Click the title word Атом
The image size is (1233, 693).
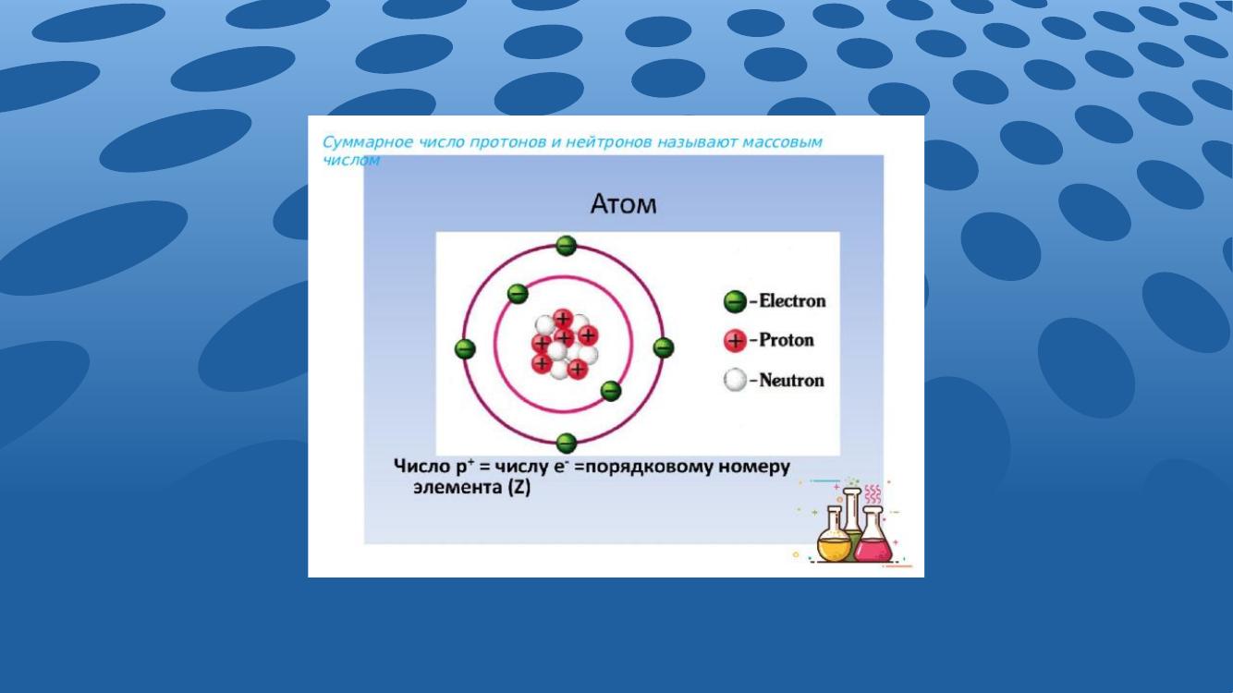click(623, 203)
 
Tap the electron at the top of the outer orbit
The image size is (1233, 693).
click(566, 246)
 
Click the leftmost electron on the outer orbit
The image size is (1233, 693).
click(465, 349)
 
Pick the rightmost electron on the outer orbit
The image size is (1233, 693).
click(664, 347)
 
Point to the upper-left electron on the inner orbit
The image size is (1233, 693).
click(518, 294)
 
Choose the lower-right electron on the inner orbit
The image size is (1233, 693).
click(610, 392)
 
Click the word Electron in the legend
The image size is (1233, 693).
click(793, 301)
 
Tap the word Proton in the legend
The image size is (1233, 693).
click(787, 340)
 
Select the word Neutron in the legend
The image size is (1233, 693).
click(791, 381)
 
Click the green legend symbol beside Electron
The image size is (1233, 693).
click(735, 301)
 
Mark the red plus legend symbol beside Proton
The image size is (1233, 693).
click(735, 341)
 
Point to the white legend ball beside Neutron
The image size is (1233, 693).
click(735, 380)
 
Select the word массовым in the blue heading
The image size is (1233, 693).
click(782, 142)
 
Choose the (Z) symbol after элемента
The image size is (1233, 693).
click(519, 488)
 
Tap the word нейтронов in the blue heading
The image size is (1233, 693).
click(609, 142)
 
